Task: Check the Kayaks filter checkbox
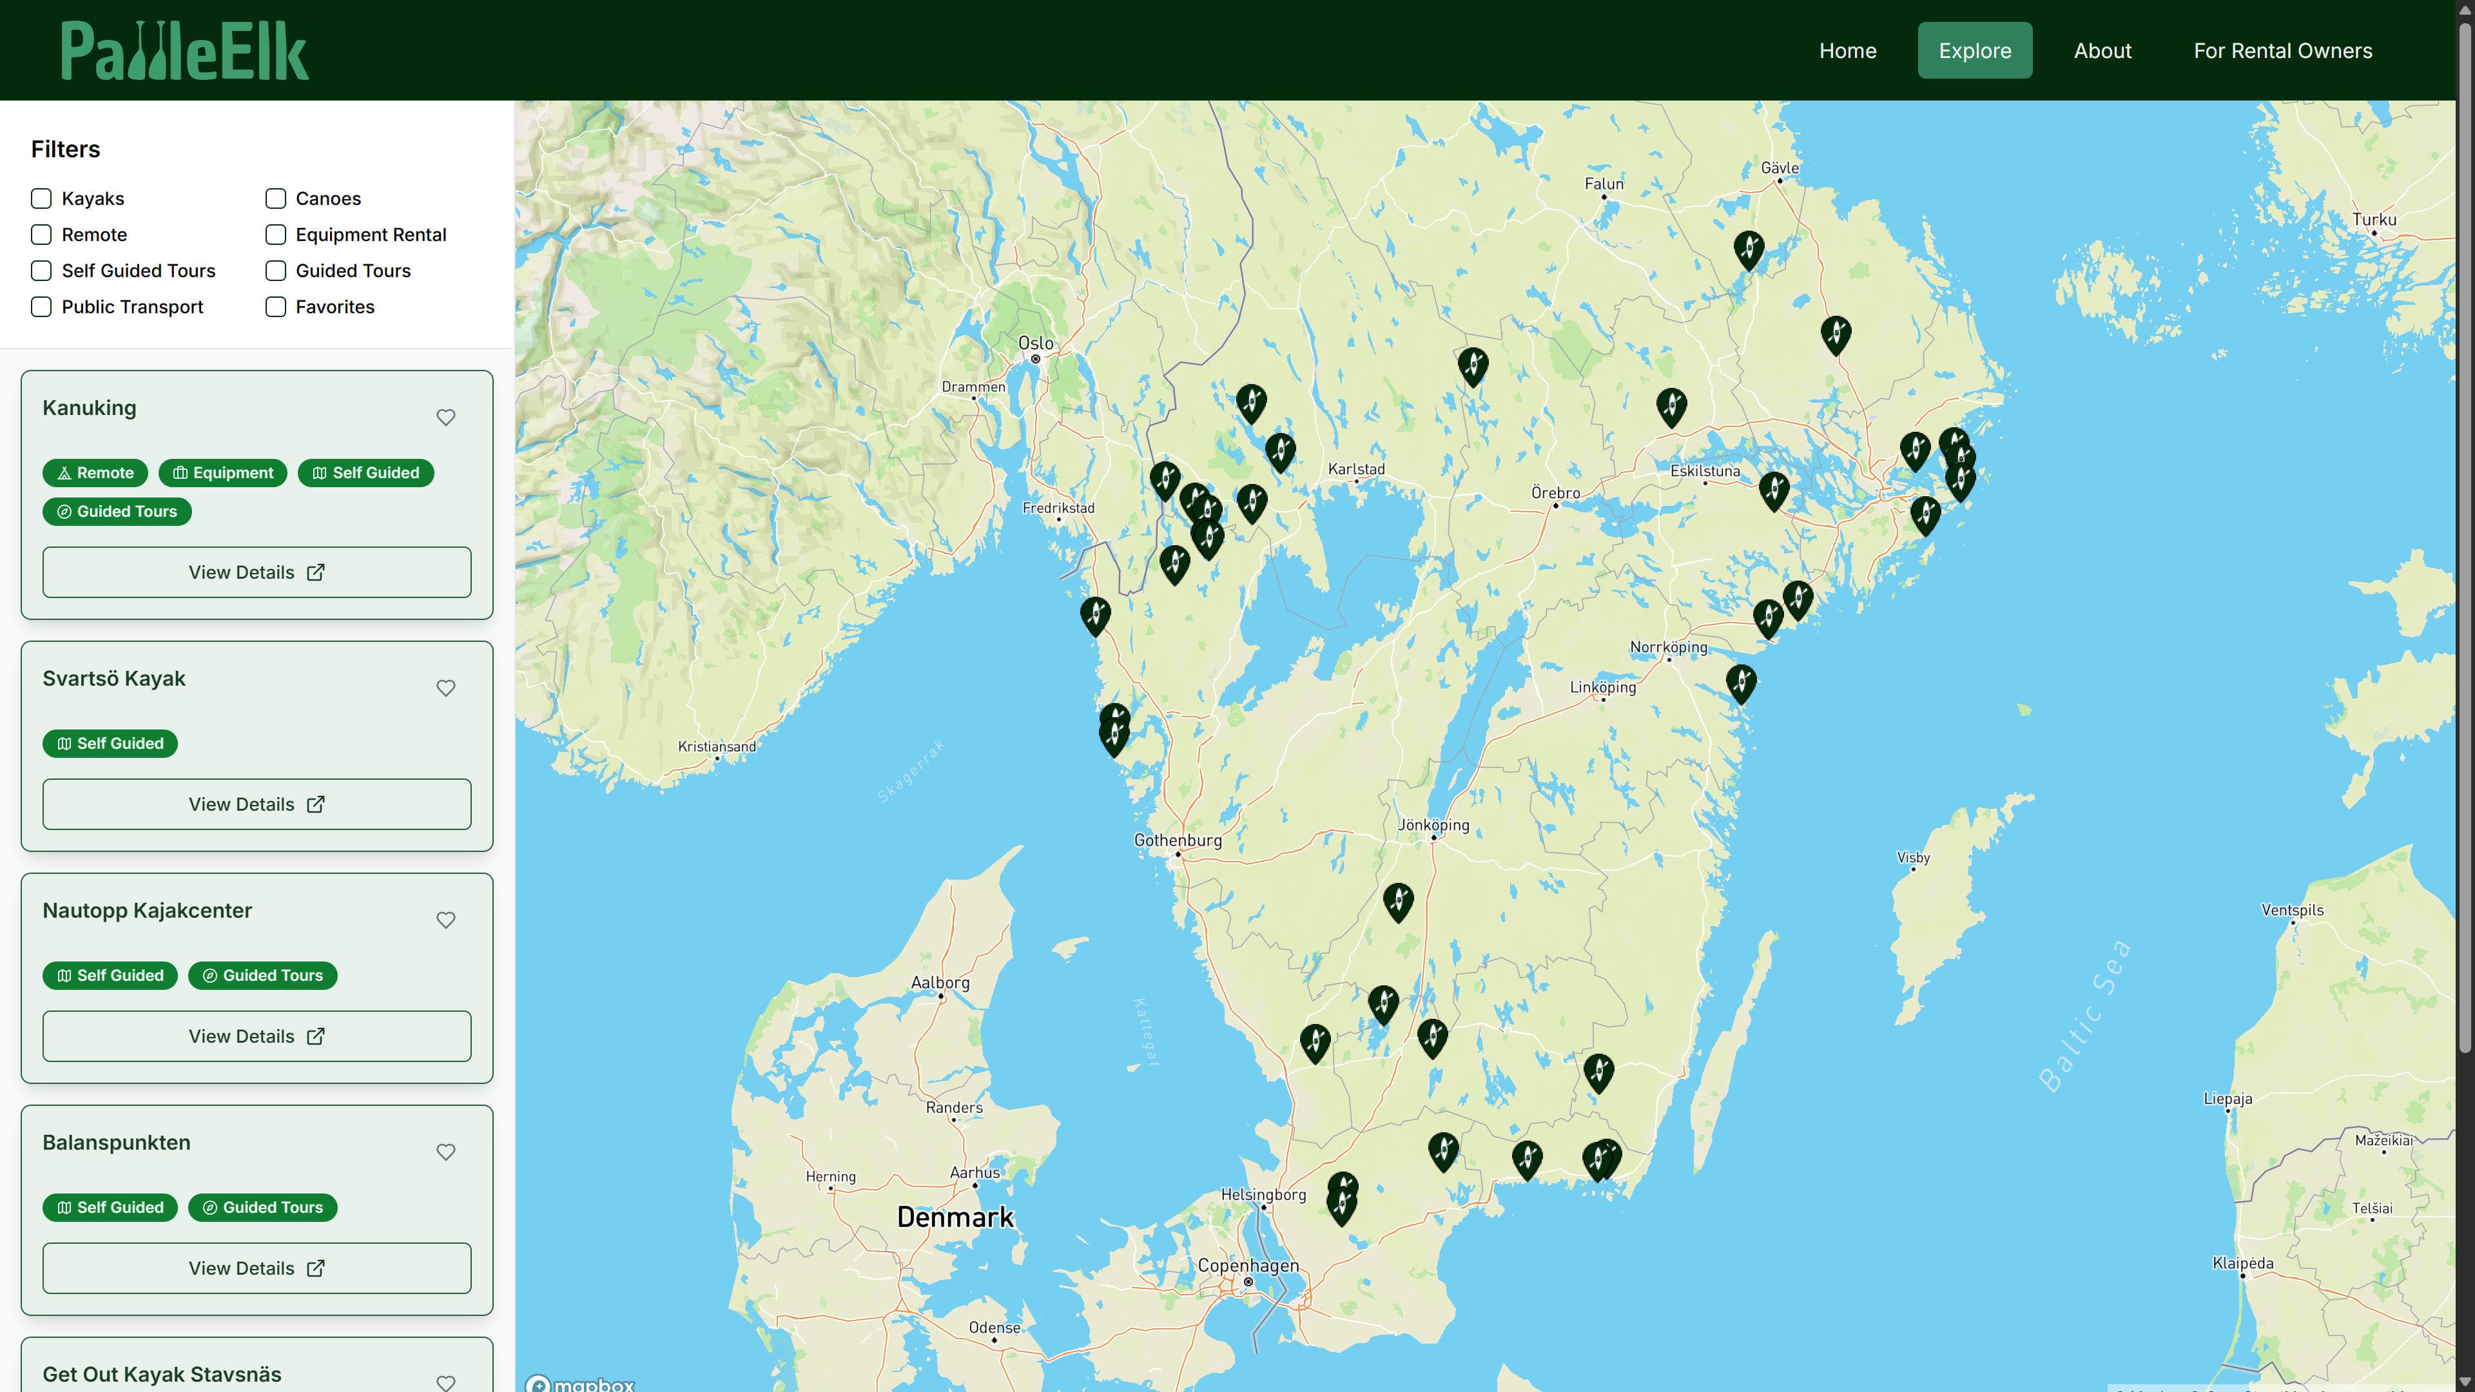(x=41, y=199)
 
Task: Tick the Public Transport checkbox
(x=41, y=307)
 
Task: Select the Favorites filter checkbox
(x=276, y=307)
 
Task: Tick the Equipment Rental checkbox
(x=276, y=235)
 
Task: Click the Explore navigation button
(x=1974, y=51)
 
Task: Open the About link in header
(x=2102, y=51)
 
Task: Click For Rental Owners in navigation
(x=2282, y=51)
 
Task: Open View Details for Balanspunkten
(x=257, y=1268)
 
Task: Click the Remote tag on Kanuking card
(x=95, y=472)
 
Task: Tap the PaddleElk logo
(x=184, y=51)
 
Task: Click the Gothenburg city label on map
(x=1178, y=840)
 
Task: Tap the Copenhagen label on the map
(x=1248, y=1266)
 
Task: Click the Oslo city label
(x=1036, y=343)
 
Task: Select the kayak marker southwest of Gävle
(x=1749, y=249)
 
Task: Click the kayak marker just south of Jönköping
(x=1398, y=901)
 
